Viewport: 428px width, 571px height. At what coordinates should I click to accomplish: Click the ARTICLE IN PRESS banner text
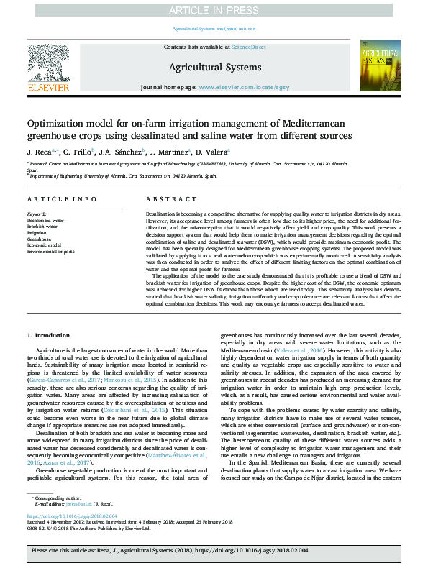[214, 10]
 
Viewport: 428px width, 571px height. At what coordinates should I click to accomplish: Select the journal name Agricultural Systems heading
[214, 68]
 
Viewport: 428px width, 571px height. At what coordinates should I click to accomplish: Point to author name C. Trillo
[78, 152]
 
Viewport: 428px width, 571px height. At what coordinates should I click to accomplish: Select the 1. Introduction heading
[49, 335]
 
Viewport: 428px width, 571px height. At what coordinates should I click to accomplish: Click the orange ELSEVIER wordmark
[48, 87]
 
